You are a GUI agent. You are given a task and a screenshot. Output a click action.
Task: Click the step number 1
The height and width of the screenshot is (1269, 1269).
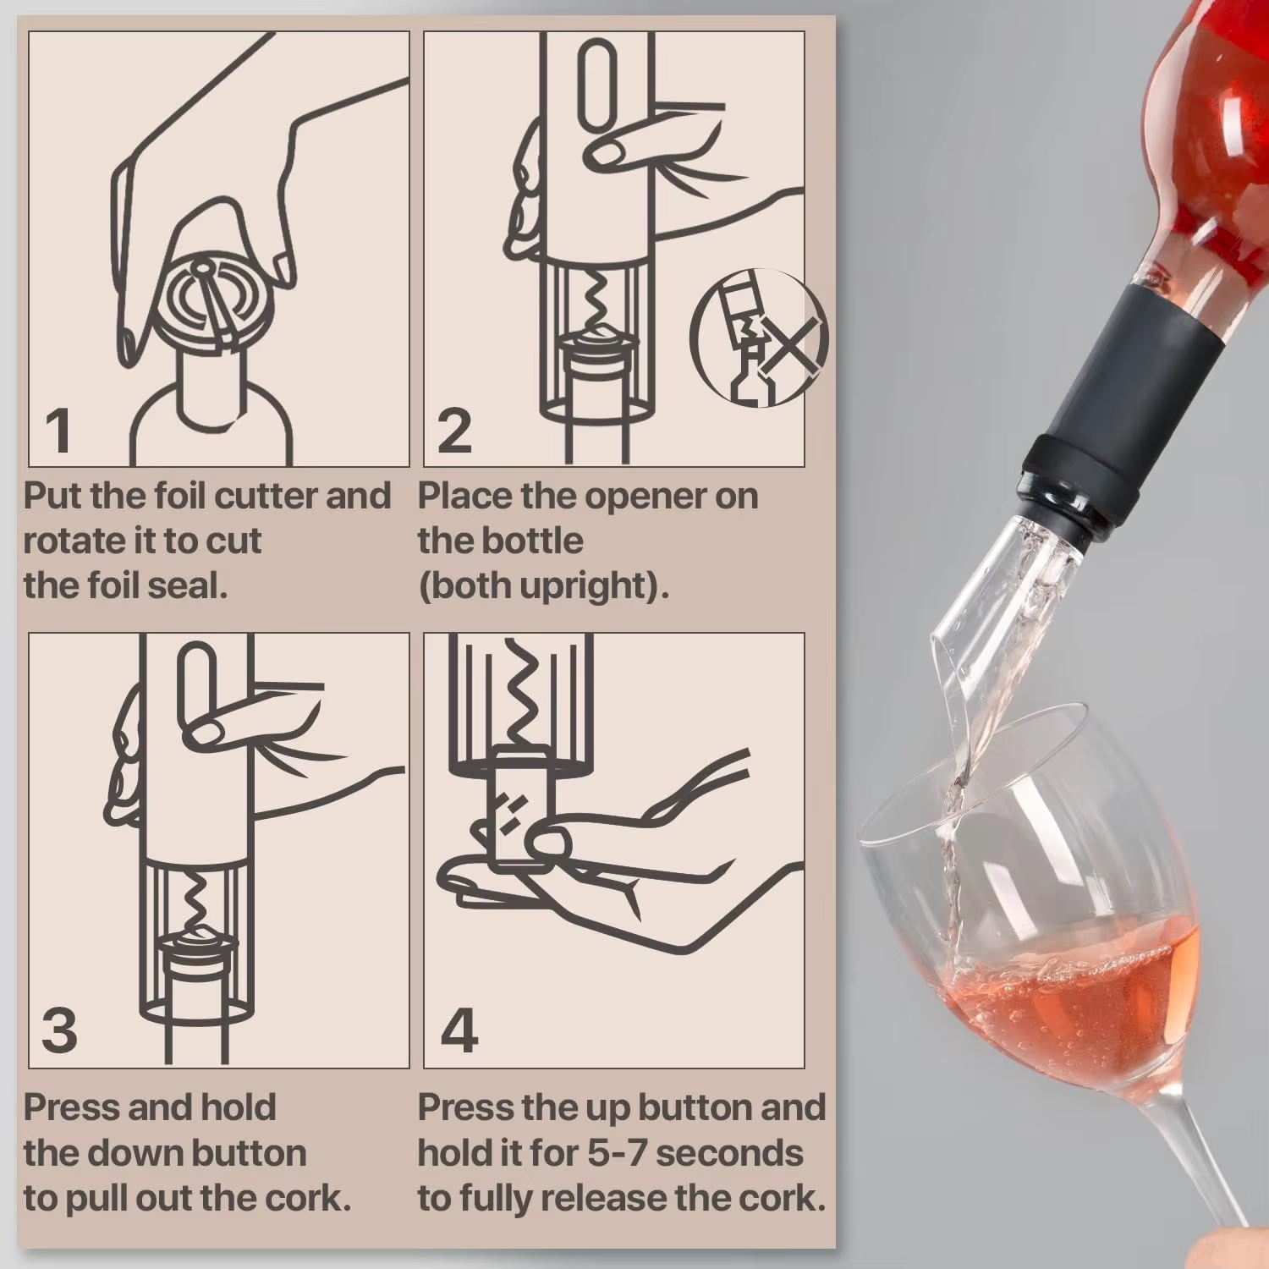(x=58, y=430)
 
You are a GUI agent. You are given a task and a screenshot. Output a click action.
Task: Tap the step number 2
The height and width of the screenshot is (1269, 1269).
(x=454, y=430)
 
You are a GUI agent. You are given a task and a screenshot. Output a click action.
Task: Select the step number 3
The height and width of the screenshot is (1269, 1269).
(x=59, y=1030)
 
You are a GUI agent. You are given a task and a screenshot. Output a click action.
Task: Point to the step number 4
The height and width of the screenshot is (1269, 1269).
(x=459, y=1030)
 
